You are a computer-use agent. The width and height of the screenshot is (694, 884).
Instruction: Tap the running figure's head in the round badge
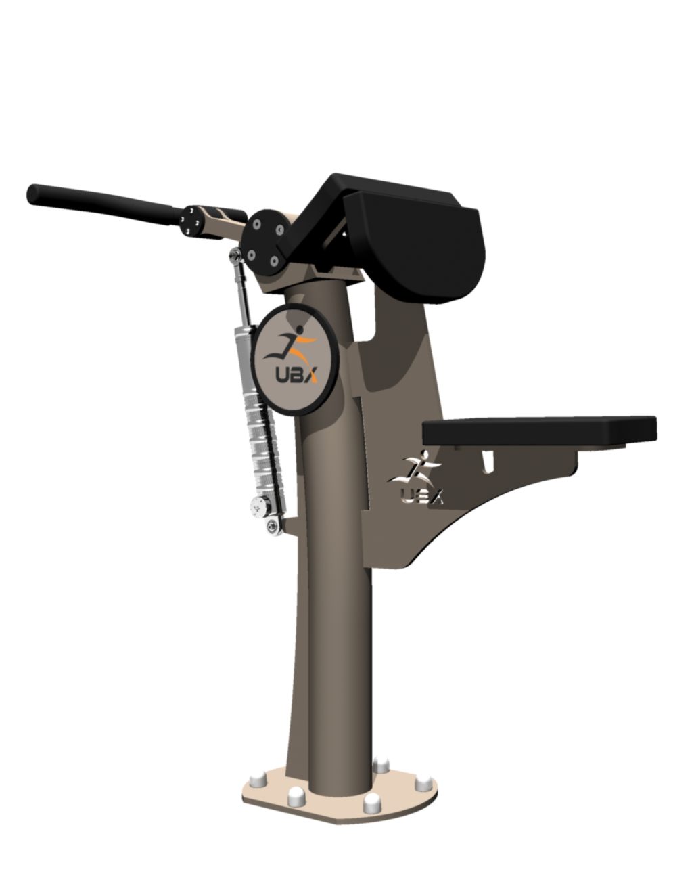click(295, 330)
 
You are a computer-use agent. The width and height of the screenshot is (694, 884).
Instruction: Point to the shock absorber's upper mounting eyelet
click(235, 256)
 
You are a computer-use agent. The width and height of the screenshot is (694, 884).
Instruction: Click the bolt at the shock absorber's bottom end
click(275, 525)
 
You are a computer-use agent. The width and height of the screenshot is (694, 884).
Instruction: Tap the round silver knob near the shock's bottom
click(258, 505)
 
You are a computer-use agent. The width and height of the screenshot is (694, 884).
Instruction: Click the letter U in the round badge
click(281, 375)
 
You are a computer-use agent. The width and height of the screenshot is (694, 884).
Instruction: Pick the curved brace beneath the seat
click(487, 514)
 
